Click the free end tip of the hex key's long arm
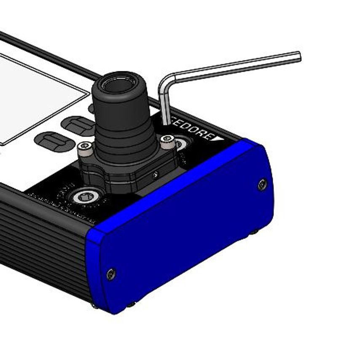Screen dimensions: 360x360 tap(298, 56)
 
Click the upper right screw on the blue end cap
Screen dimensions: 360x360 tap(262, 184)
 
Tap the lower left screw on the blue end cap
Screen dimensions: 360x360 tap(111, 274)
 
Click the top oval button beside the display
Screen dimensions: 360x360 tap(77, 124)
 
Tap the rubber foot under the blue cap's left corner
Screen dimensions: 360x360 tap(132, 304)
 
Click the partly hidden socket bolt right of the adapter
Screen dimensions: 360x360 tap(181, 144)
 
